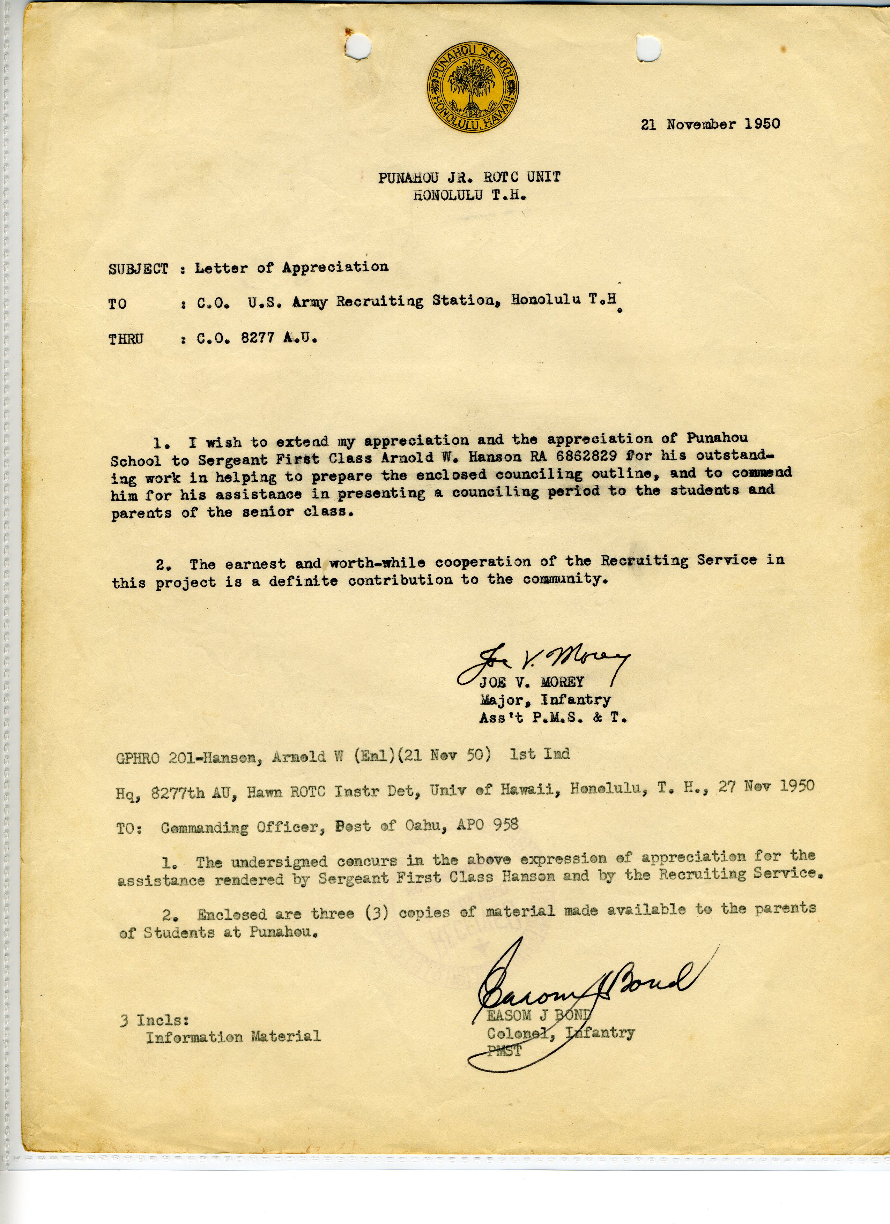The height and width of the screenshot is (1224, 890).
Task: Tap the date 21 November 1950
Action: click(710, 124)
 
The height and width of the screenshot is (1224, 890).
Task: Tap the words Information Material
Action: click(233, 1036)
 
